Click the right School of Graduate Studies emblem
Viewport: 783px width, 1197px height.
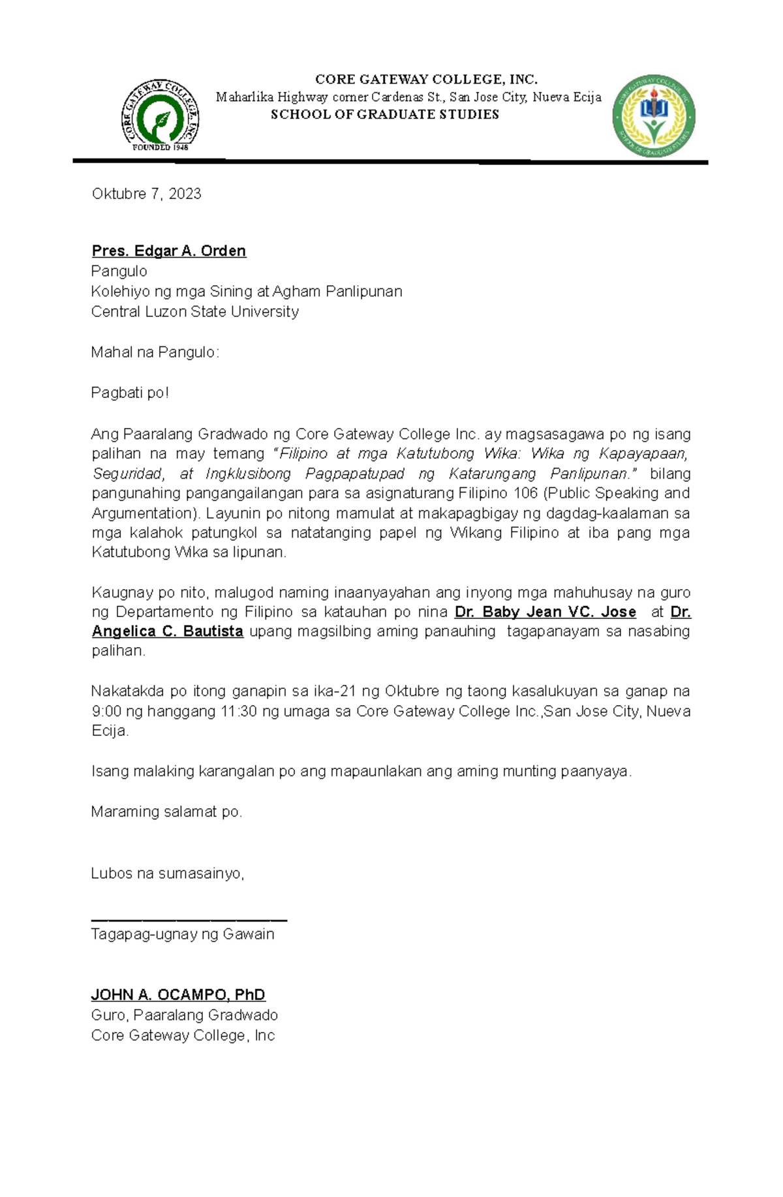pos(653,116)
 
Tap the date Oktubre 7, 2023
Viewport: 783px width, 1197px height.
pos(146,194)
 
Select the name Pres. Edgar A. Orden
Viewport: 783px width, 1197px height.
pos(168,251)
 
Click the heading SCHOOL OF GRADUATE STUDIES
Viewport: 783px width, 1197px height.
pos(385,115)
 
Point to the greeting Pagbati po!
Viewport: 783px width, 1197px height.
pos(130,393)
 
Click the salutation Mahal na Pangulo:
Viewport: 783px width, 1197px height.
pos(155,352)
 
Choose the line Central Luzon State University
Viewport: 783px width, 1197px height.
pos(194,311)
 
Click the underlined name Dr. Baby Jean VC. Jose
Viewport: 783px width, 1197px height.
pos(545,612)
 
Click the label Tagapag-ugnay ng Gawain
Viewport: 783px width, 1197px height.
pos(183,934)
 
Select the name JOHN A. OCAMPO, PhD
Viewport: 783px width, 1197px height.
pos(178,995)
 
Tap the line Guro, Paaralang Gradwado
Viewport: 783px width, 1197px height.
pos(185,1015)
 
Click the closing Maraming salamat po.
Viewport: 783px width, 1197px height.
pos(166,811)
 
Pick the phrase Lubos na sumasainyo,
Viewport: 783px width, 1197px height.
pos(168,873)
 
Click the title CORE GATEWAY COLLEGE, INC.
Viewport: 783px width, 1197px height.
pos(426,80)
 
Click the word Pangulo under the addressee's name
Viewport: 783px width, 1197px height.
pos(119,271)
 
